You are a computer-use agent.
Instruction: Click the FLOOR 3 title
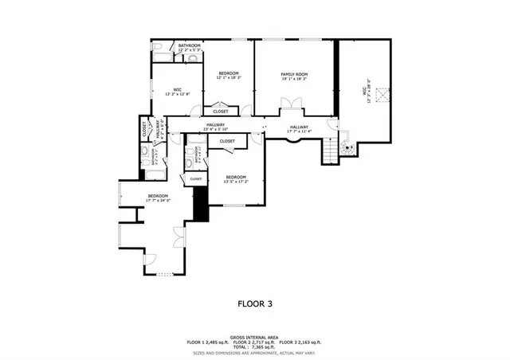coord(255,303)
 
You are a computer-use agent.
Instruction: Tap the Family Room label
coord(293,76)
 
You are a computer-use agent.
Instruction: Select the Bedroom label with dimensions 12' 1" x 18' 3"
coord(229,76)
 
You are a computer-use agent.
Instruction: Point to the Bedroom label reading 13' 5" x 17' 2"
coord(236,178)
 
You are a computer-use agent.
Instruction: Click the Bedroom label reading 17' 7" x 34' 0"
coord(157,198)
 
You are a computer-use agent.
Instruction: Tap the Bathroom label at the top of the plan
coord(189,47)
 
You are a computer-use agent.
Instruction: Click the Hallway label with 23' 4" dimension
coord(216,127)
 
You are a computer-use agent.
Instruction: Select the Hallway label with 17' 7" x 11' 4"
coord(299,129)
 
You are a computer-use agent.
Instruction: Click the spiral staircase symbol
coord(347,148)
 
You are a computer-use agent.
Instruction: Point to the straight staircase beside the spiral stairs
coord(329,150)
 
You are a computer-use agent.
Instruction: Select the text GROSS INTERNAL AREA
coord(255,336)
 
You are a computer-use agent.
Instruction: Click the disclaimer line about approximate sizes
coord(255,352)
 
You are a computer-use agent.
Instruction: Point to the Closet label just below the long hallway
coord(227,141)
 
